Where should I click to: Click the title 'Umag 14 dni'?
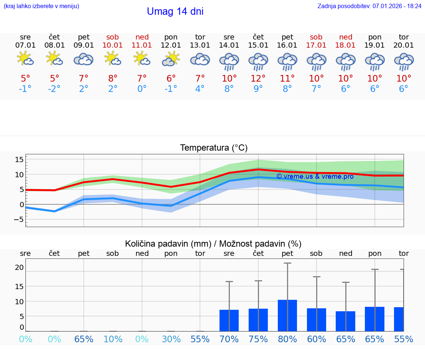(x=175, y=11)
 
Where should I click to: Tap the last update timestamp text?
(x=369, y=6)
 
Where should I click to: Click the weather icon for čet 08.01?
(x=54, y=59)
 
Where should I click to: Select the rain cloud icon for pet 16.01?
(x=287, y=61)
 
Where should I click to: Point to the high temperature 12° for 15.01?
(x=258, y=78)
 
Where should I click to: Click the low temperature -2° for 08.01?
(x=54, y=89)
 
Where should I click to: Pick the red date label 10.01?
(x=113, y=45)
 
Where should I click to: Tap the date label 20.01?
(x=404, y=45)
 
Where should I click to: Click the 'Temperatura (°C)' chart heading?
(x=214, y=148)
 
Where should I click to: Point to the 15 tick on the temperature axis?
(x=19, y=160)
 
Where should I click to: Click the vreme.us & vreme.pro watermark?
(x=315, y=176)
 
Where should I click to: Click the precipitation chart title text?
(x=213, y=244)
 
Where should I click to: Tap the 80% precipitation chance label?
(x=287, y=339)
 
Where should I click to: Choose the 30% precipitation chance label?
(x=171, y=339)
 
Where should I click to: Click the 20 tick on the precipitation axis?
(x=19, y=267)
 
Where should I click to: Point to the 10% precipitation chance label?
(x=113, y=339)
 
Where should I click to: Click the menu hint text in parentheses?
(x=41, y=6)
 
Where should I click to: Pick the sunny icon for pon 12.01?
(x=171, y=59)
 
